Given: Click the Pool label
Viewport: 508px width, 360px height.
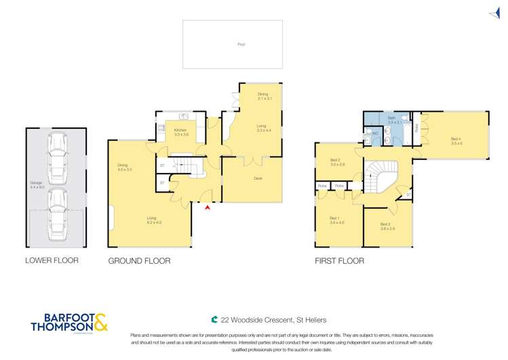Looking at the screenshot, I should coord(241,44).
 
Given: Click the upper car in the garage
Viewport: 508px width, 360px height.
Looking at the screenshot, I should coord(58,155).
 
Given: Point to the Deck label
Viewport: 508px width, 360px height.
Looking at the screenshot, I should coord(258,178).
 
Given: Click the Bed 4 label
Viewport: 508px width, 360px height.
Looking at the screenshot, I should coord(456,141).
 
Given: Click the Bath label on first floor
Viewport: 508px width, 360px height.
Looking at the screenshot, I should coord(391,120).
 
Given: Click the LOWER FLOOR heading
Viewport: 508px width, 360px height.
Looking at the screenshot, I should coord(52,260).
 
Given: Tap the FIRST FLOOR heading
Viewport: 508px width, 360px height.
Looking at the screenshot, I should coord(338,260).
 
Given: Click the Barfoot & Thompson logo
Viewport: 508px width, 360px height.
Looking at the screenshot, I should coord(68,321).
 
